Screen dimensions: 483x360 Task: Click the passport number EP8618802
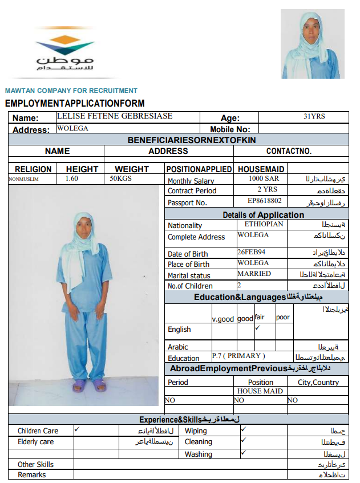point(264,201)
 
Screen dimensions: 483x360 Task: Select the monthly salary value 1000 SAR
point(264,178)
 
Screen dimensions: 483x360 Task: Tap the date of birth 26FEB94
point(251,251)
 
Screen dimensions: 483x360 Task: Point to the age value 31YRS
point(314,116)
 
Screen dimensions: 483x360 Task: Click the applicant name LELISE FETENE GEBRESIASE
point(115,116)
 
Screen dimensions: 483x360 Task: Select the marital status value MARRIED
point(254,274)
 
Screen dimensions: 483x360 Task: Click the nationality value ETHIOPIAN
point(264,225)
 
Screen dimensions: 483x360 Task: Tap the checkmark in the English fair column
point(257,328)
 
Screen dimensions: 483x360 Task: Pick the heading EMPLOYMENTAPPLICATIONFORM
point(75,103)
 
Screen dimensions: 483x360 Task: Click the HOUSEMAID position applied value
point(261,169)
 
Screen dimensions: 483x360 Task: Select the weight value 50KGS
point(121,178)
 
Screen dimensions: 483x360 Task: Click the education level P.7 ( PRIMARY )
point(238,356)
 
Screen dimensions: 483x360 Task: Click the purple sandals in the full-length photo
point(89,386)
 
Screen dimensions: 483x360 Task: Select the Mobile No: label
point(230,129)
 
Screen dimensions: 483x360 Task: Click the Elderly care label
point(35,442)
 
